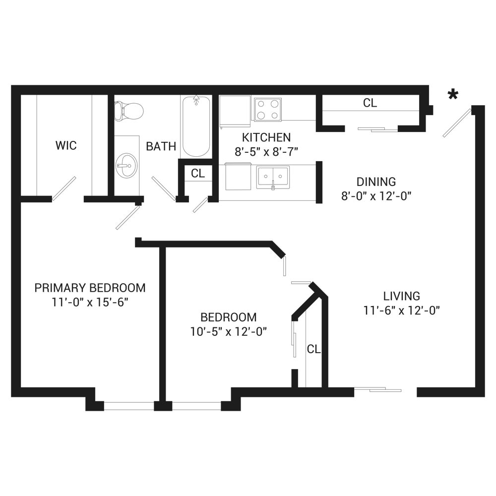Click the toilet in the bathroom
tap(128, 111)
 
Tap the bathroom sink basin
tap(126, 164)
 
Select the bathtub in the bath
tap(196, 126)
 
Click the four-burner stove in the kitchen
tap(268, 110)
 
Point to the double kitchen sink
tap(273, 177)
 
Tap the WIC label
tap(66, 146)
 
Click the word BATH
tap(161, 146)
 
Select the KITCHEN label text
tap(266, 137)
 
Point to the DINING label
tap(376, 182)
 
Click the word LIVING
tap(401, 296)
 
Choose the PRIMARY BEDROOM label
tap(90, 288)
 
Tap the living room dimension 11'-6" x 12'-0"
tap(402, 311)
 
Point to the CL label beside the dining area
tap(370, 103)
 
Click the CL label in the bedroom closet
tap(313, 349)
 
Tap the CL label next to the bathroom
tap(197, 174)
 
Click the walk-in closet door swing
tap(64, 189)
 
